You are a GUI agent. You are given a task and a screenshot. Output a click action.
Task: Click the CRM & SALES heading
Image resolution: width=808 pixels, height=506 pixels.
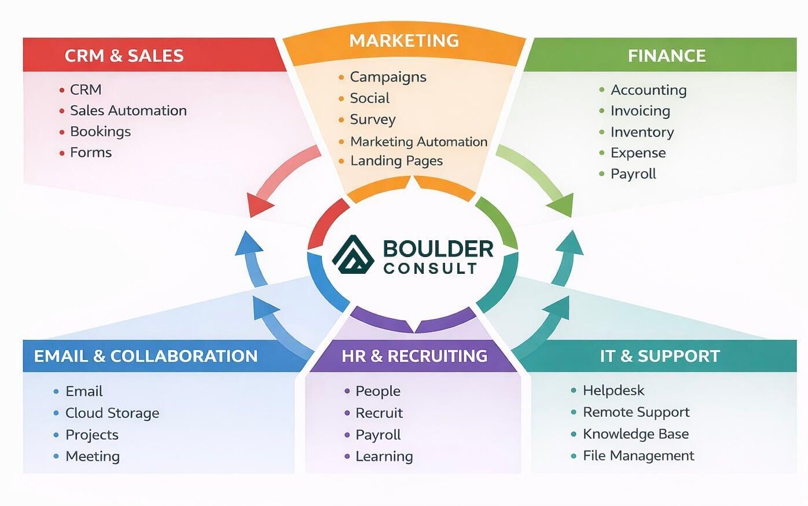tap(124, 56)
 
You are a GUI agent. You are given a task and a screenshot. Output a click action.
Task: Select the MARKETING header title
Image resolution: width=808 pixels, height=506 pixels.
tap(404, 41)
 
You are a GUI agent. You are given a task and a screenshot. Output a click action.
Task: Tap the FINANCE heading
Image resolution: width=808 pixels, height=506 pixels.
tap(667, 56)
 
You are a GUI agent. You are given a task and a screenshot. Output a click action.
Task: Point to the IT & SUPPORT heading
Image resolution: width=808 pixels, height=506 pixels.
tap(660, 355)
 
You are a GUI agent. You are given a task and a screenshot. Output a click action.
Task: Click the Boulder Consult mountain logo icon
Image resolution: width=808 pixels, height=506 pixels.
tap(354, 254)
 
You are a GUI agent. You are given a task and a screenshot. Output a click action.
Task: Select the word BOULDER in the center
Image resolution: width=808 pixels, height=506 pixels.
tap(438, 249)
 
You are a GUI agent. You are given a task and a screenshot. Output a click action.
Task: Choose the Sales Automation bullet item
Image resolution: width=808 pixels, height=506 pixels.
tap(128, 111)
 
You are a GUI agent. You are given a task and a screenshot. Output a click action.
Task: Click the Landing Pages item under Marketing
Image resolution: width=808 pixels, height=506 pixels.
tap(396, 161)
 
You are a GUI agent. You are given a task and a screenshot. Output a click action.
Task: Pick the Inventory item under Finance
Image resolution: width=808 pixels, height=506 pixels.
tap(642, 132)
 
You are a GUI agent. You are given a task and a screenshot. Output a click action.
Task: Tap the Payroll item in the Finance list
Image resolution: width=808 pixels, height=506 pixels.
tap(633, 174)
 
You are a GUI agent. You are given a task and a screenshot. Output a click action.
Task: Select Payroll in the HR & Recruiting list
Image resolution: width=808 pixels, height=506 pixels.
tap(378, 435)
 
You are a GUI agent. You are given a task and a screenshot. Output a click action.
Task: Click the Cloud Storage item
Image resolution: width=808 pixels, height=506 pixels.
tap(112, 413)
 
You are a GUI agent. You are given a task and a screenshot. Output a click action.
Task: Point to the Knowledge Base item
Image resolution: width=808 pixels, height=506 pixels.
tap(636, 434)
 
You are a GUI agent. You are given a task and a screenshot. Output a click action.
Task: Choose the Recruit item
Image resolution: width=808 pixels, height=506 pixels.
tap(379, 413)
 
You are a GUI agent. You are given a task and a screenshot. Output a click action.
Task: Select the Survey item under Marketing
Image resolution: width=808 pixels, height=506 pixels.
tap(373, 120)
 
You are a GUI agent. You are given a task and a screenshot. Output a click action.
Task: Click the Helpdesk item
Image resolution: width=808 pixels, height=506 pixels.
tap(614, 391)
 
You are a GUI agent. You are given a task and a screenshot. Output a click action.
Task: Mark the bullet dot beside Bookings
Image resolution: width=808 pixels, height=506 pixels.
tap(62, 132)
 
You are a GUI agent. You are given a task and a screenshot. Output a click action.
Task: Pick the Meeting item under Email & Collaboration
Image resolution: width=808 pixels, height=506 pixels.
tap(93, 456)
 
